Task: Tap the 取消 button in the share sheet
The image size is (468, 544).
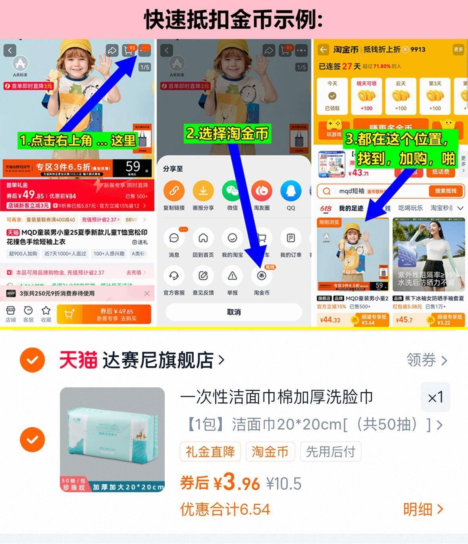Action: point(233,312)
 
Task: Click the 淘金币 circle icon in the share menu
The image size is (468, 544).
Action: point(261,276)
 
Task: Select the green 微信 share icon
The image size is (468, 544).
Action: point(232,191)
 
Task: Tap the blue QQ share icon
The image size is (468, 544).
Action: point(291,191)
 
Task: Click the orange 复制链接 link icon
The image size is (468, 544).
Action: point(174,191)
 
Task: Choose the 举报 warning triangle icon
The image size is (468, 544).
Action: point(232,276)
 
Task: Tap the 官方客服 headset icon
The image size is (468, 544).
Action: point(174,276)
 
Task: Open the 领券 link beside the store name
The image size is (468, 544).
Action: point(427,360)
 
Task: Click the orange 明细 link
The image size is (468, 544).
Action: point(423,509)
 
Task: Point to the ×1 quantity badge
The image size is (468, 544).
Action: point(435,397)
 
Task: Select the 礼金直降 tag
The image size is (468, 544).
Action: point(210,452)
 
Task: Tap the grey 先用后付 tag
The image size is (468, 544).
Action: point(330,452)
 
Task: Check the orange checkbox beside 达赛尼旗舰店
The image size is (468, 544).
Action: point(32,360)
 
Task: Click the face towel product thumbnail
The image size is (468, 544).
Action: point(112,439)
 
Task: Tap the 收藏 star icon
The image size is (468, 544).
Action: point(46,311)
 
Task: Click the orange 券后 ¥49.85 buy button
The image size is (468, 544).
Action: point(104,314)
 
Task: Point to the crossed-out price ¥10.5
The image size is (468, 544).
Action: point(284,484)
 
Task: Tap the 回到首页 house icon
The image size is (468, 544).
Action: point(203,238)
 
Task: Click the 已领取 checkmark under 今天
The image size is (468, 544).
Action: point(332,96)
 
